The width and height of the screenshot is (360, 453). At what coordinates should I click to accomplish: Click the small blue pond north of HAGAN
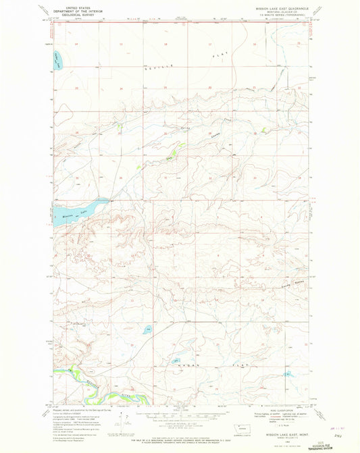click(x=147, y=330)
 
